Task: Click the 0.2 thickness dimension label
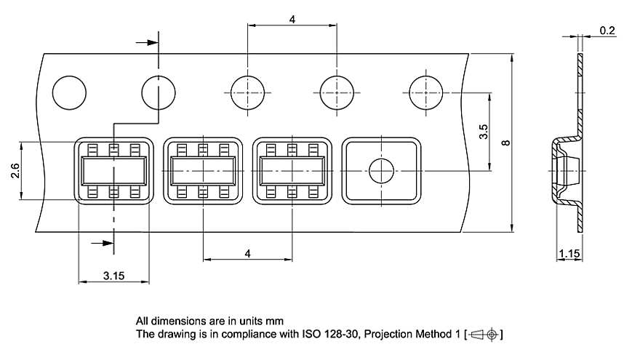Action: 608,30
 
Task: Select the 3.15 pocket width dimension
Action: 113,275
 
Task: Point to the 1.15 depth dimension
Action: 568,254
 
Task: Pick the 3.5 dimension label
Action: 484,132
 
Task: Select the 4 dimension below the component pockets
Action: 247,253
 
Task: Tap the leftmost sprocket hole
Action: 70,92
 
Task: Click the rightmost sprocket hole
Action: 425,92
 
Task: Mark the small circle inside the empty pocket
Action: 382,171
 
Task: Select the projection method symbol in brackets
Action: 484,334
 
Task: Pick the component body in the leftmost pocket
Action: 113,172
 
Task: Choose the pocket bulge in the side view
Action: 563,171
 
